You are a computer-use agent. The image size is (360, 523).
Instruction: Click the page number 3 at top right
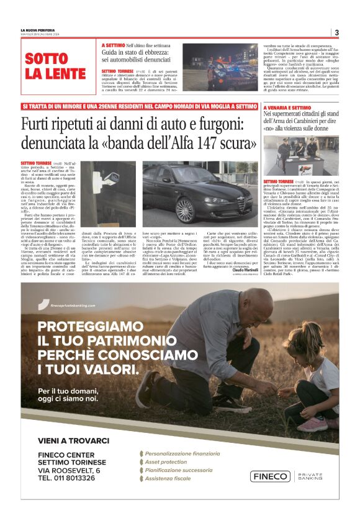click(x=336, y=33)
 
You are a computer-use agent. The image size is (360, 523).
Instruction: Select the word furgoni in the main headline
click(x=220, y=125)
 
